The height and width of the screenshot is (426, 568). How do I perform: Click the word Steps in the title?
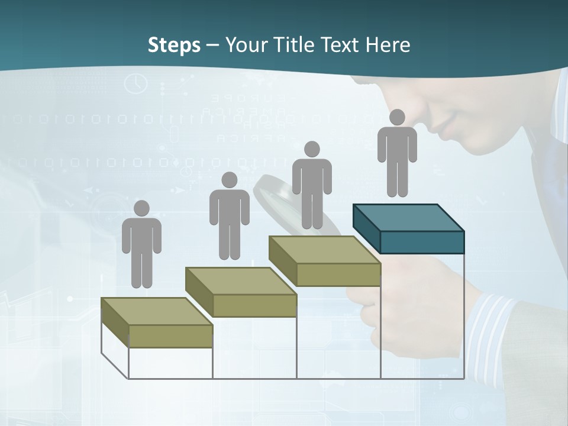click(x=174, y=45)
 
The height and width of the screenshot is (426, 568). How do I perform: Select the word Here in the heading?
click(x=388, y=45)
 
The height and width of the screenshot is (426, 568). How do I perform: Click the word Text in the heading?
click(x=341, y=45)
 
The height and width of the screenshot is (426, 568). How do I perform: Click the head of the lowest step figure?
click(x=141, y=208)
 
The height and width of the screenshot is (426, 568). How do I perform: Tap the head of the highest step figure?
click(x=397, y=117)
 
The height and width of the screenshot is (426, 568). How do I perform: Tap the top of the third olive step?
click(x=324, y=250)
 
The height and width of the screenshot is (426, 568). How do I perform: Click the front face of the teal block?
click(x=422, y=242)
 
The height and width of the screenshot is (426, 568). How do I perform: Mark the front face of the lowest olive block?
click(x=170, y=336)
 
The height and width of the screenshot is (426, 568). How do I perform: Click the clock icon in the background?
click(x=135, y=83)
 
